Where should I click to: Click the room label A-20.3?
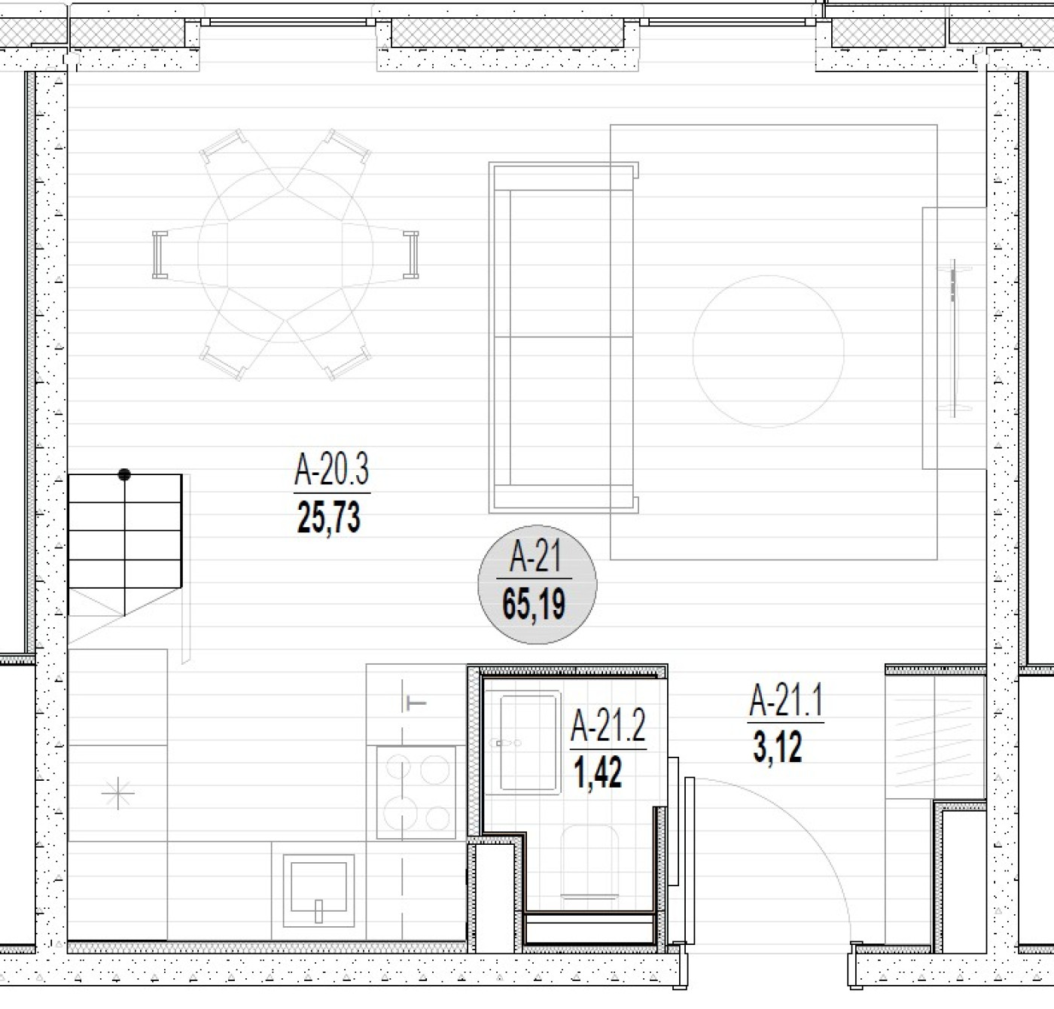pyautogui.click(x=331, y=469)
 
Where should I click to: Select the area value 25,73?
pyautogui.click(x=329, y=517)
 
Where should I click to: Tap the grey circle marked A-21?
pyautogui.click(x=537, y=584)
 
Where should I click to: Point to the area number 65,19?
pyautogui.click(x=534, y=604)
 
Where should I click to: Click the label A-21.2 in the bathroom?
pyautogui.click(x=608, y=727)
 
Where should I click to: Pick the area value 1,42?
pyautogui.click(x=598, y=773)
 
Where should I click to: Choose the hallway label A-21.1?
pyautogui.click(x=786, y=700)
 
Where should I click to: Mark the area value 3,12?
pyautogui.click(x=777, y=746)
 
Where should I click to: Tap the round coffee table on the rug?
pyautogui.click(x=768, y=351)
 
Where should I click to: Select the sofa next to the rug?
pyautogui.click(x=564, y=337)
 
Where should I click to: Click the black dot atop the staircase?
pyautogui.click(x=124, y=474)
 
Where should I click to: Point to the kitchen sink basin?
pyautogui.click(x=318, y=891)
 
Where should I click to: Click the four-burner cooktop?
pyautogui.click(x=416, y=792)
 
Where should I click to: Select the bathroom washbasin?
pyautogui.click(x=522, y=743)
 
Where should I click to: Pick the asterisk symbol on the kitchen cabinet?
pyautogui.click(x=117, y=794)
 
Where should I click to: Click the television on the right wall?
pyautogui.click(x=953, y=338)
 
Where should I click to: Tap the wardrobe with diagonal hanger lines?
pyautogui.click(x=934, y=737)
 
